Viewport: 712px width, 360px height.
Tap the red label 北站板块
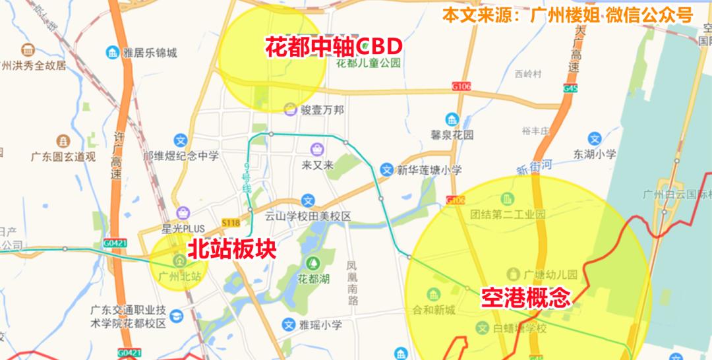[x=229, y=249]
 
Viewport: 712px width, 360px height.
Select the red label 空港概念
[x=525, y=298]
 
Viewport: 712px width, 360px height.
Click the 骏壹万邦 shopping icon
[x=289, y=109]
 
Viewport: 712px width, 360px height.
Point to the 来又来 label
[x=318, y=164]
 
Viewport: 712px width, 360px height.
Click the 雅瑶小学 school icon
[x=288, y=324]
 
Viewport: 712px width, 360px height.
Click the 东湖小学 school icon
[x=595, y=139]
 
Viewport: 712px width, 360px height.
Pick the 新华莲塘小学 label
[x=429, y=169]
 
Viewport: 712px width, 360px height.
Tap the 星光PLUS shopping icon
[x=183, y=212]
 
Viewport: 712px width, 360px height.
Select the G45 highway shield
[x=570, y=88]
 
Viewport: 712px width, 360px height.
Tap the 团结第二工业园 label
[x=508, y=214]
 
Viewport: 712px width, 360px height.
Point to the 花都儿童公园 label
[x=369, y=63]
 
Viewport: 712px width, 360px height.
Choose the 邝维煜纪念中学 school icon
[x=181, y=140]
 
